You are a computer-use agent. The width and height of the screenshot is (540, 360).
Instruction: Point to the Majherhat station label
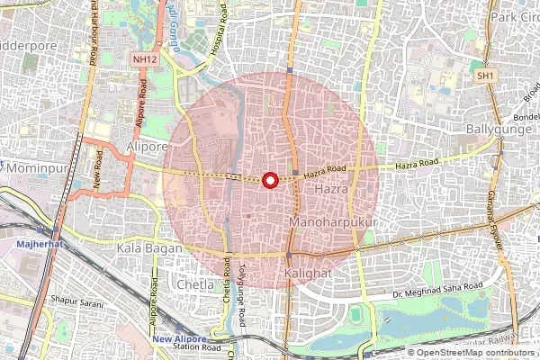coord(39,244)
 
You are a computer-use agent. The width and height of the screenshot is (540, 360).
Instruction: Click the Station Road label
coord(196,347)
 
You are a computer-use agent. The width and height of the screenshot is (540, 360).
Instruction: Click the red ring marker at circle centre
coord(270,180)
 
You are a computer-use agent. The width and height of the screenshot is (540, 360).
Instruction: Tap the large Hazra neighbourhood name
coord(330,191)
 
